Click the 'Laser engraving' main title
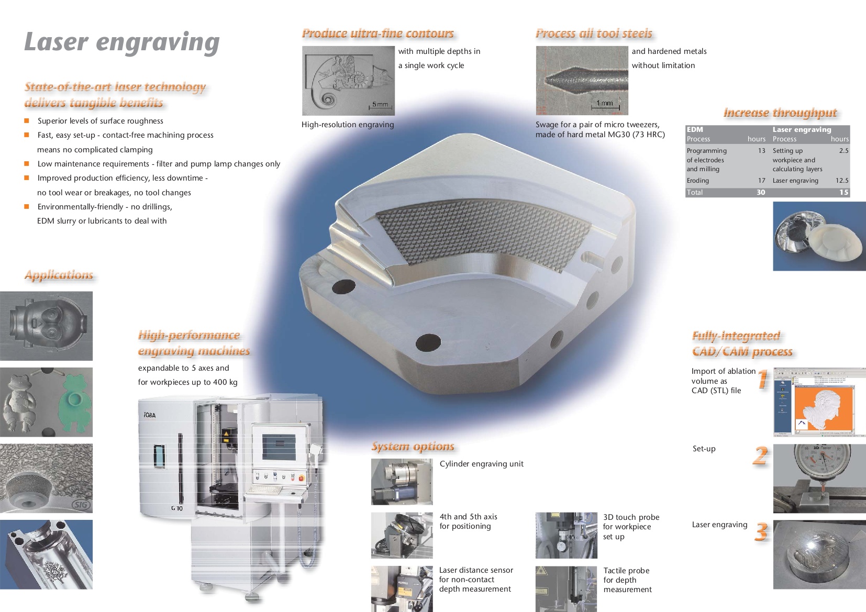tap(122, 42)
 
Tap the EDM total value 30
tap(760, 192)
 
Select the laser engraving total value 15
tap(843, 192)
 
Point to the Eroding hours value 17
tap(762, 181)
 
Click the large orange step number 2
tap(760, 455)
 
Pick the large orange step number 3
tap(761, 532)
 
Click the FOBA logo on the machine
tap(150, 415)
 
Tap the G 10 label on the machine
tap(176, 508)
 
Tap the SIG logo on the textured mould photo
tap(81, 505)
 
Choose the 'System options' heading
tap(413, 447)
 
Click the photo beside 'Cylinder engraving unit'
tap(402, 482)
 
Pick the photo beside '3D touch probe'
tap(566, 536)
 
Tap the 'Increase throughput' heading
tap(780, 113)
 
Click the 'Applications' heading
tap(59, 275)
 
